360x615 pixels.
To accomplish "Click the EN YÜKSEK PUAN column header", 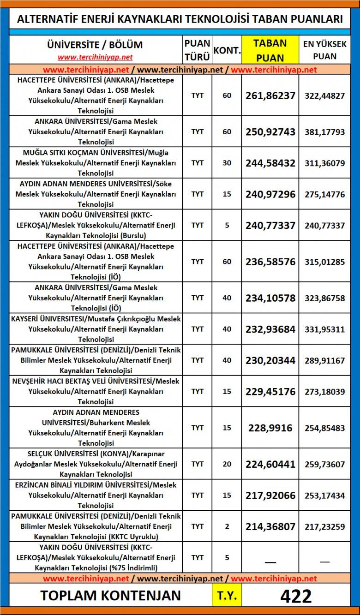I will coord(324,50).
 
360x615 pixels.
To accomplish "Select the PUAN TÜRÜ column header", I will coord(197,50).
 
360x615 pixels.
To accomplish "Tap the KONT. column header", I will coord(227,50).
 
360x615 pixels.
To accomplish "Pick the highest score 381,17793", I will coord(324,132).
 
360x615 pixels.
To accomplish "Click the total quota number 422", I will coord(296,596).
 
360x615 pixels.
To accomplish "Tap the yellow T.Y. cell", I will coord(227,596).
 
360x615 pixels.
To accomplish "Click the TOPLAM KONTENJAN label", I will coord(111,596).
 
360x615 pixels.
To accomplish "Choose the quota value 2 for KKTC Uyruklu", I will coord(227,526).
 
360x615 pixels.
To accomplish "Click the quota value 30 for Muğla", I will coord(227,163).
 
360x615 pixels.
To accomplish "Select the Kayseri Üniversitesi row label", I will coord(96,329).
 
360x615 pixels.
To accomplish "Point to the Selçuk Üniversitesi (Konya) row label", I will coord(96,464).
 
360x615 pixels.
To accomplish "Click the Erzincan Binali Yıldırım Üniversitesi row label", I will coord(96,495).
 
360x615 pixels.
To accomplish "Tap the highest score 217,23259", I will coord(324,526).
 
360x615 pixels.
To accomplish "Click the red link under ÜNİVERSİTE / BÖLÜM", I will coord(95,58).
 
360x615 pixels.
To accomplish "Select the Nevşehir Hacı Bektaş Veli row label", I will coord(96,391).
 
